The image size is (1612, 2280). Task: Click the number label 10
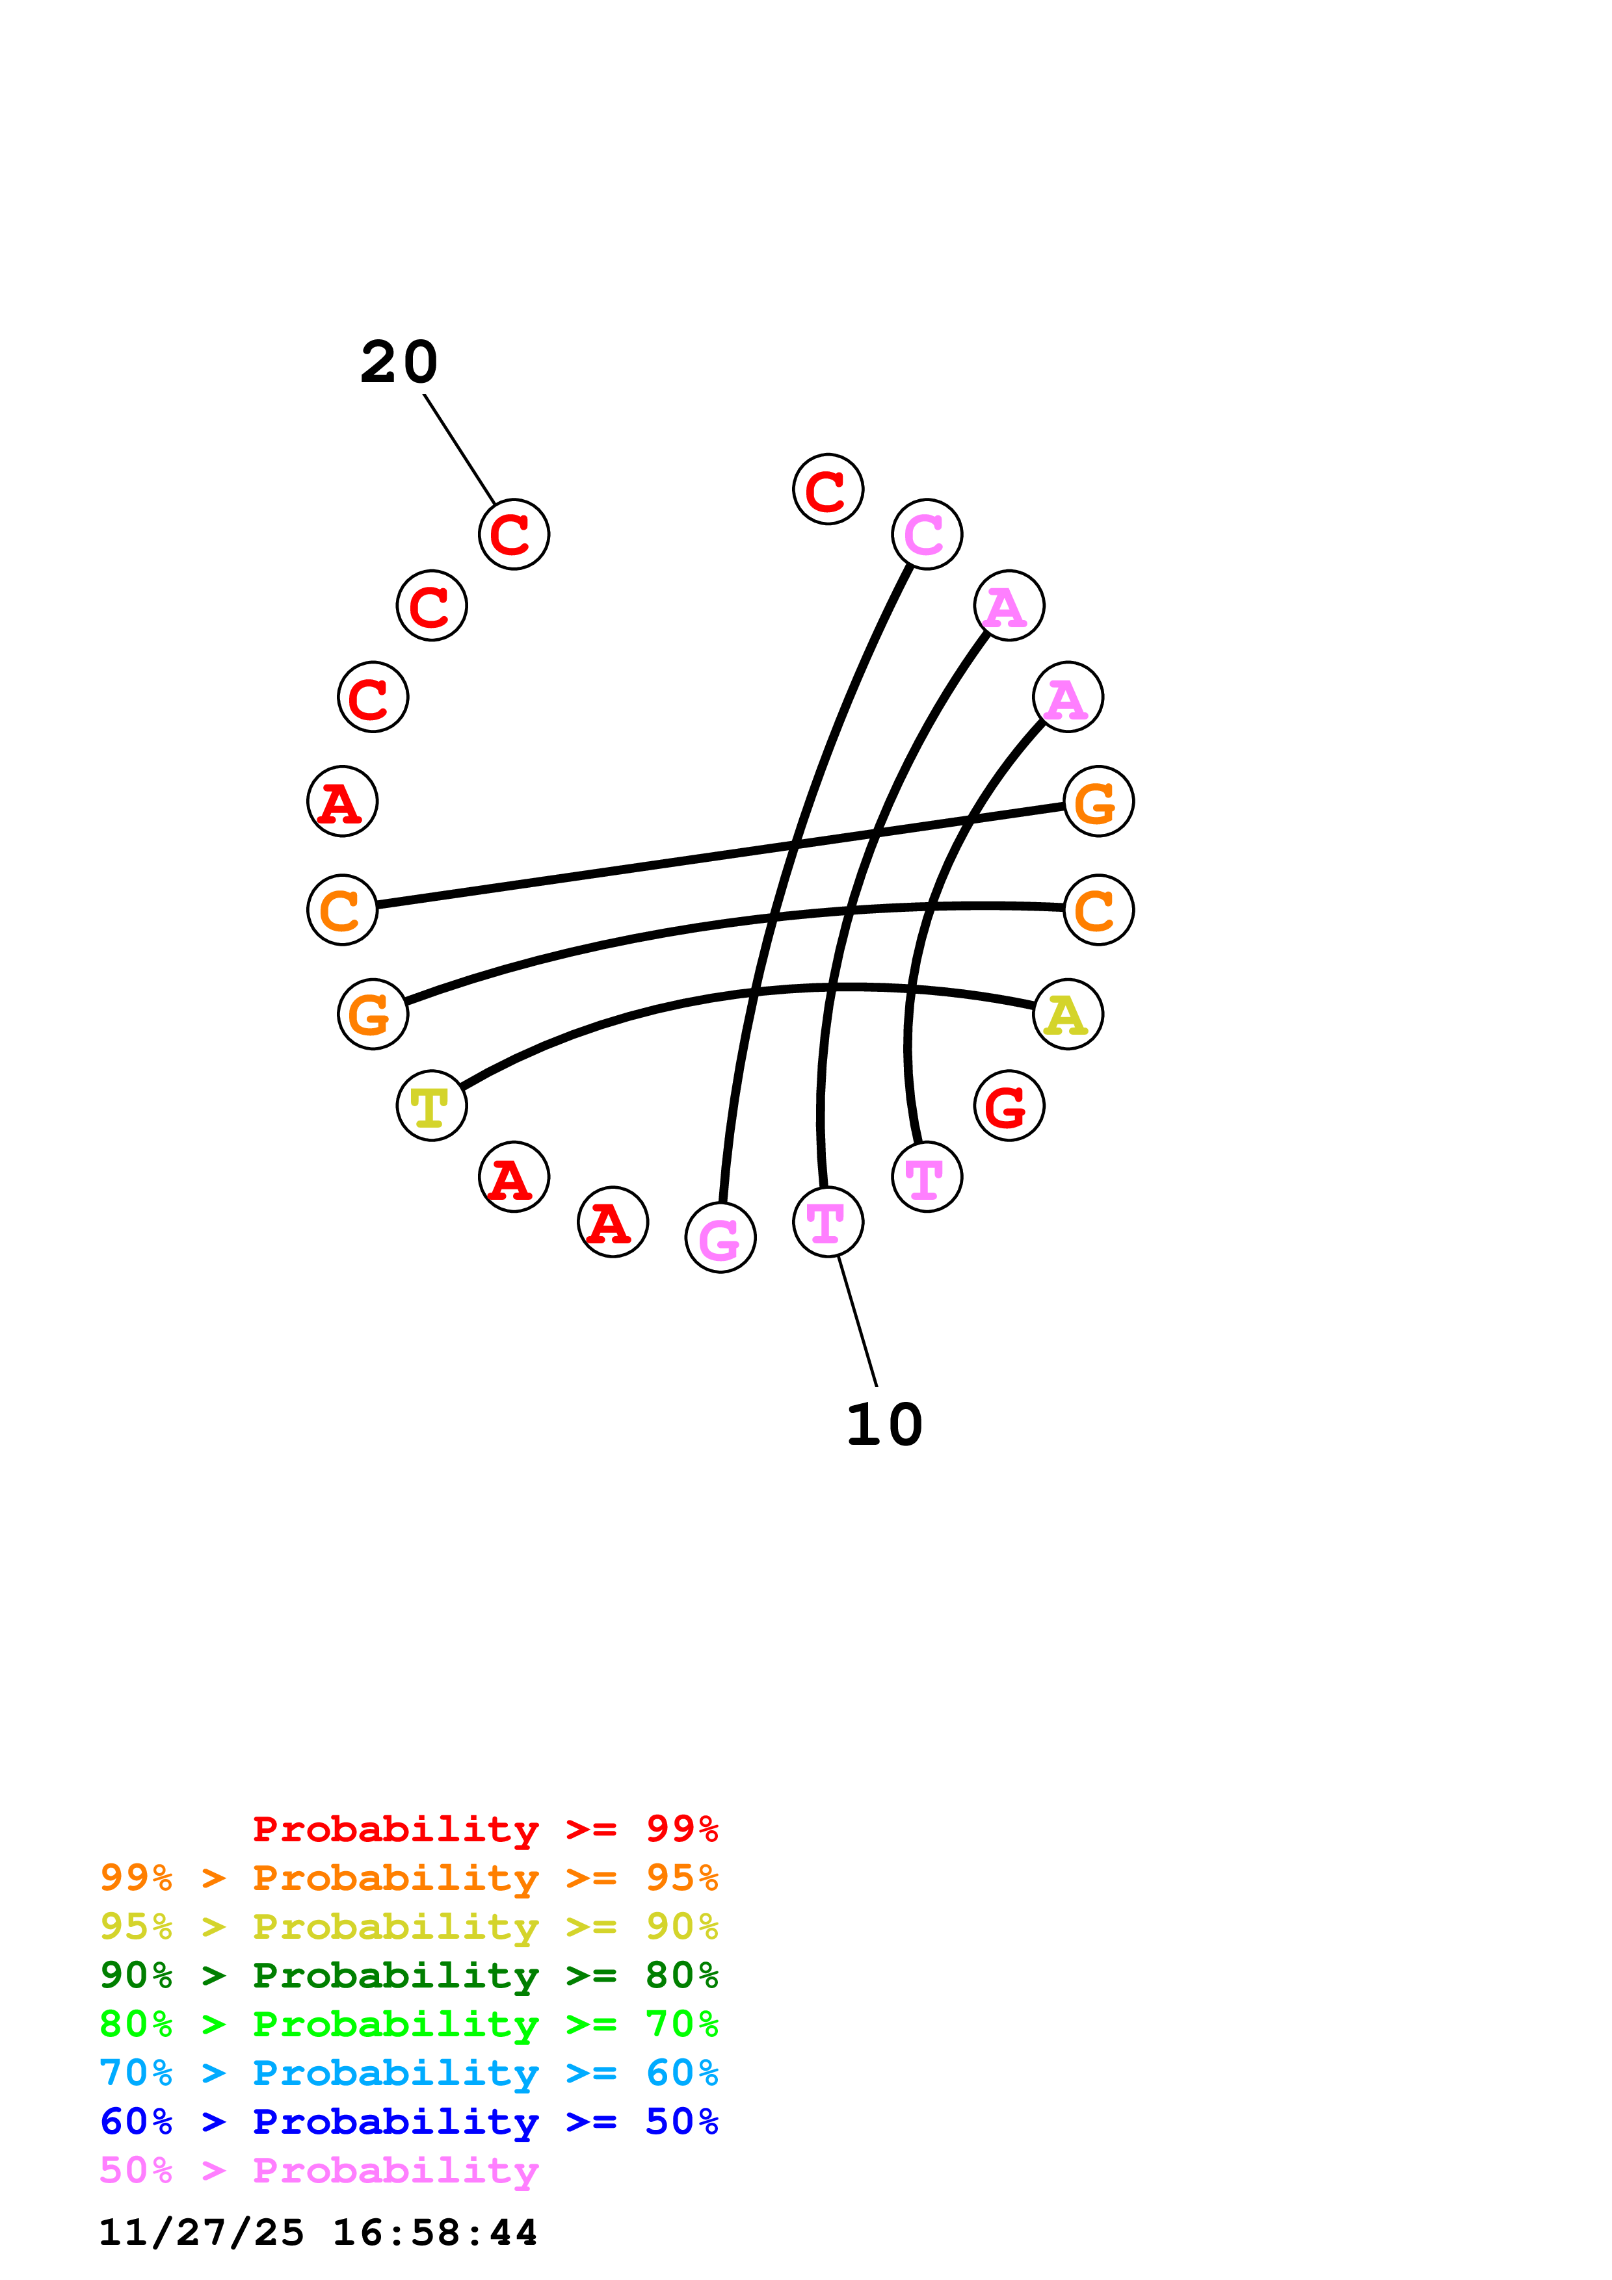884,1425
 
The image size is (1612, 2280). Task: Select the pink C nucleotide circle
927,534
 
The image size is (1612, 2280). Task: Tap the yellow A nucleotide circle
1068,1014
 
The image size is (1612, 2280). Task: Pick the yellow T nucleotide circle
431,1106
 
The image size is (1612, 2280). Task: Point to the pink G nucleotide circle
720,1237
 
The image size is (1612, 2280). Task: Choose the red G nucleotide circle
1009,1106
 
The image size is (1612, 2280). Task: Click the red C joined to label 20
514,534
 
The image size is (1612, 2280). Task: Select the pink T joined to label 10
827,1221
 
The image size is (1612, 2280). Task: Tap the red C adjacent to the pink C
827,489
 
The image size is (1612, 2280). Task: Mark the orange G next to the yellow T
373,1014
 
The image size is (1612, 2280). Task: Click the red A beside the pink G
613,1221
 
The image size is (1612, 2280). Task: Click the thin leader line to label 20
459,449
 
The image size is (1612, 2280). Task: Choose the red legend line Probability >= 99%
484,1828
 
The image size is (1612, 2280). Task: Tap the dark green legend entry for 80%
409,1975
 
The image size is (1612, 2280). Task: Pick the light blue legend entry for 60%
409,2073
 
